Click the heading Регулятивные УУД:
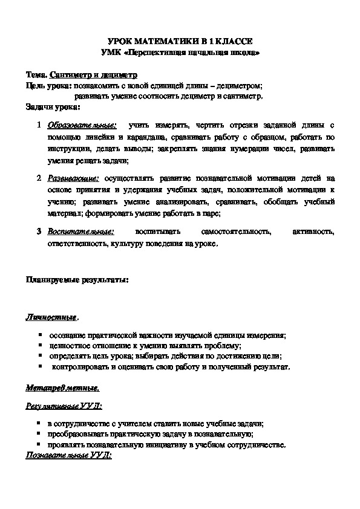tap(63, 406)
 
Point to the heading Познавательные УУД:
tap(68, 455)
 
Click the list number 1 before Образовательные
tap(38, 126)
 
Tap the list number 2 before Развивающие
tap(38, 179)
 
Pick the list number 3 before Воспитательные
tap(38, 232)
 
